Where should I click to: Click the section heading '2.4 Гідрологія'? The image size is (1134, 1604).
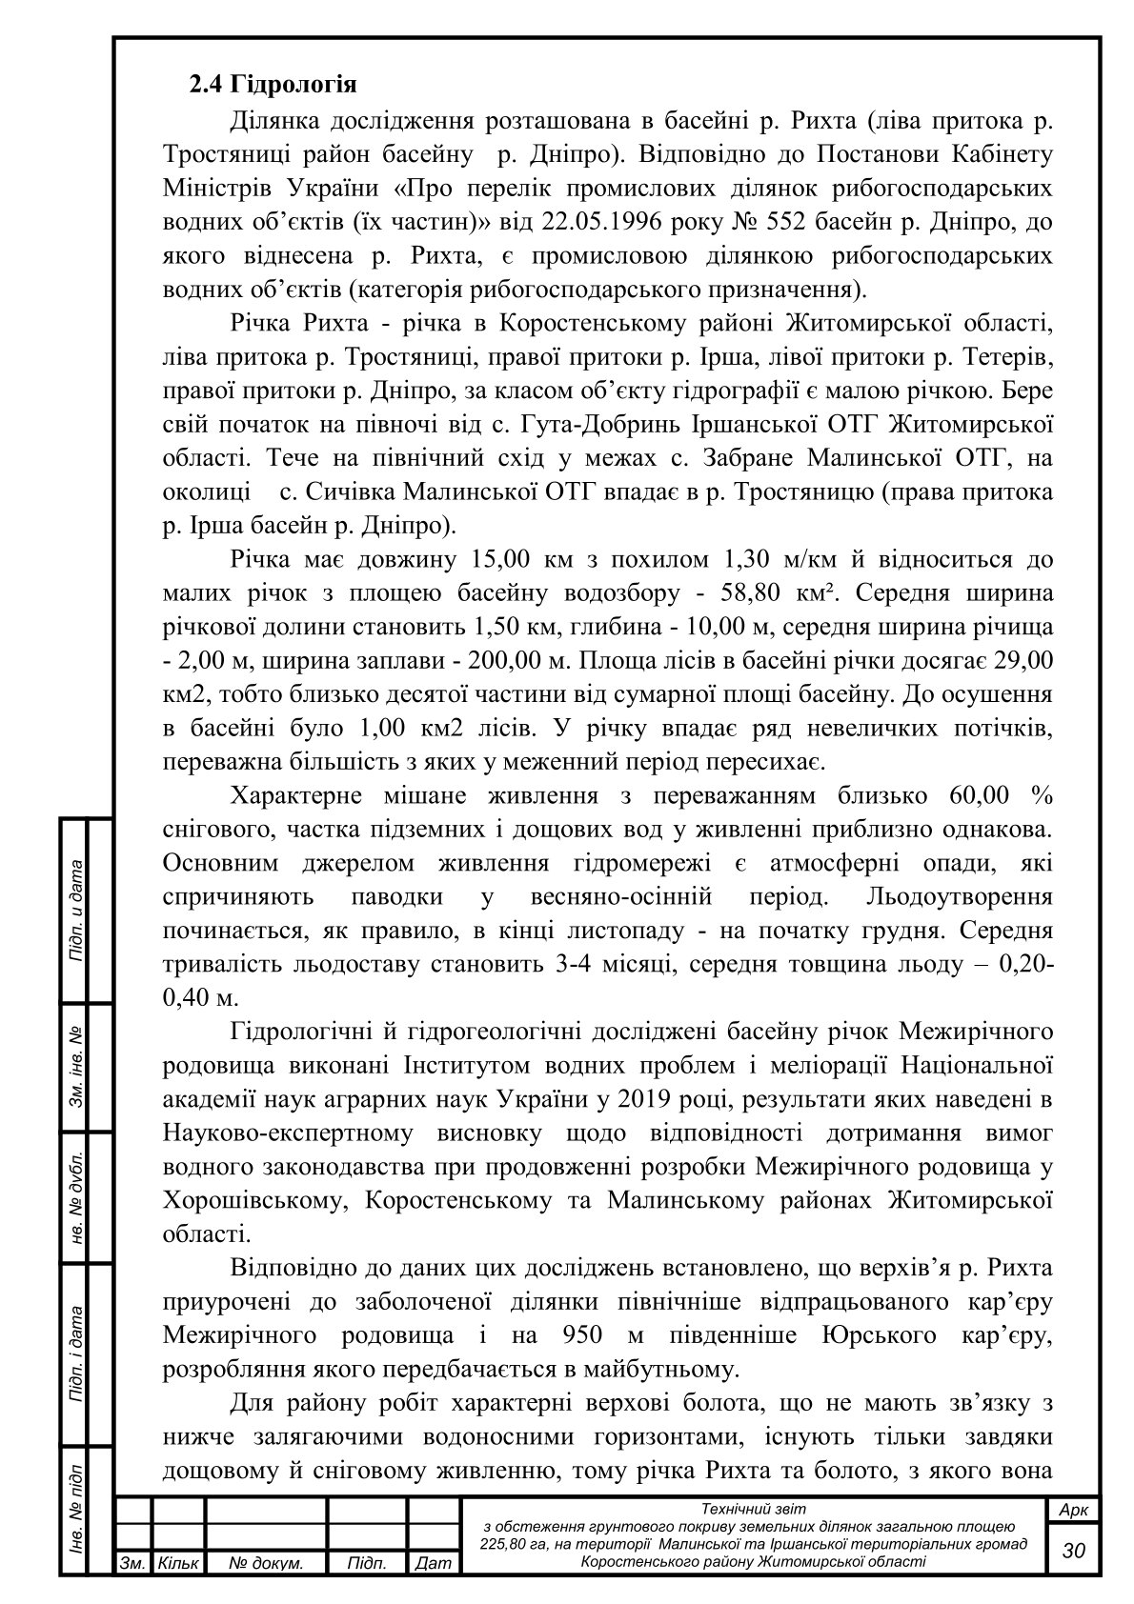tap(273, 86)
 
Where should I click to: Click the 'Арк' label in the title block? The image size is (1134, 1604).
tap(1073, 1511)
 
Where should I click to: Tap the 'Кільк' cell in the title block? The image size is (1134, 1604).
tap(177, 1563)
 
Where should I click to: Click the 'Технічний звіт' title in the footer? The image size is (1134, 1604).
tap(753, 1509)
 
